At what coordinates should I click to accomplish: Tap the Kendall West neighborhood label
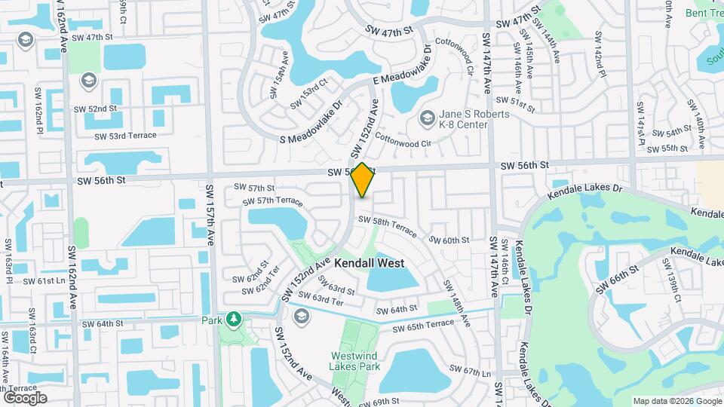pyautogui.click(x=370, y=264)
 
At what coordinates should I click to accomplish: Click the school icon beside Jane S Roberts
pyautogui.click(x=428, y=118)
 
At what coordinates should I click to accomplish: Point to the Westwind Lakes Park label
pyautogui.click(x=357, y=363)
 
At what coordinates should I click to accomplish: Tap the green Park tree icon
pyautogui.click(x=234, y=319)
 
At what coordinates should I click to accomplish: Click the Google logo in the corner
pyautogui.click(x=25, y=397)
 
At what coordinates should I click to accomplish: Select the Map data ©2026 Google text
pyautogui.click(x=676, y=401)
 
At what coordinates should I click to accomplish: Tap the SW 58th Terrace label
pyautogui.click(x=387, y=224)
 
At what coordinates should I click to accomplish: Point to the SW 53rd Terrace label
pyautogui.click(x=125, y=136)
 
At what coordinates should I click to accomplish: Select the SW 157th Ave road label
pyautogui.click(x=210, y=212)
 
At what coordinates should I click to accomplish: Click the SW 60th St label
pyautogui.click(x=449, y=240)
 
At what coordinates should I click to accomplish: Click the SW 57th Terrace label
pyautogui.click(x=272, y=202)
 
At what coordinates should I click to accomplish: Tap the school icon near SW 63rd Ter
pyautogui.click(x=302, y=316)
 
